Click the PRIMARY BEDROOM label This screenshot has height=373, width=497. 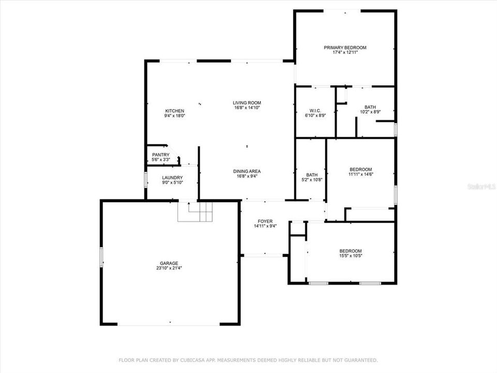[x=345, y=48]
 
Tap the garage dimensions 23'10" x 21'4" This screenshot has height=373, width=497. [x=169, y=268]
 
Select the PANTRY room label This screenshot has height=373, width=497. [x=160, y=155]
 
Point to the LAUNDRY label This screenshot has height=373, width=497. [x=172, y=178]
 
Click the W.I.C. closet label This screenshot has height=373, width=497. [x=315, y=110]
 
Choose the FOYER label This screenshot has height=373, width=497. [x=263, y=221]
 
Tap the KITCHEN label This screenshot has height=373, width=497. [x=174, y=111]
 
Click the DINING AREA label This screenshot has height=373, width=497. [x=247, y=171]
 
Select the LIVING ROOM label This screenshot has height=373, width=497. [x=246, y=103]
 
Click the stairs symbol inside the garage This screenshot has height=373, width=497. [x=195, y=211]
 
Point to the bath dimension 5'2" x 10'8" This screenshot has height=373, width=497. [x=312, y=180]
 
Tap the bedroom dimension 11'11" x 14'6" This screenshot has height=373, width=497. [x=360, y=175]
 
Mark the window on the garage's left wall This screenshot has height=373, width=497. [x=101, y=256]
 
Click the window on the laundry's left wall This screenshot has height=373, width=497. [x=145, y=179]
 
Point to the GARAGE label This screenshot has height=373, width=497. [x=169, y=263]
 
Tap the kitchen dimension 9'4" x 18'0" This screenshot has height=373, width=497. [x=174, y=116]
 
